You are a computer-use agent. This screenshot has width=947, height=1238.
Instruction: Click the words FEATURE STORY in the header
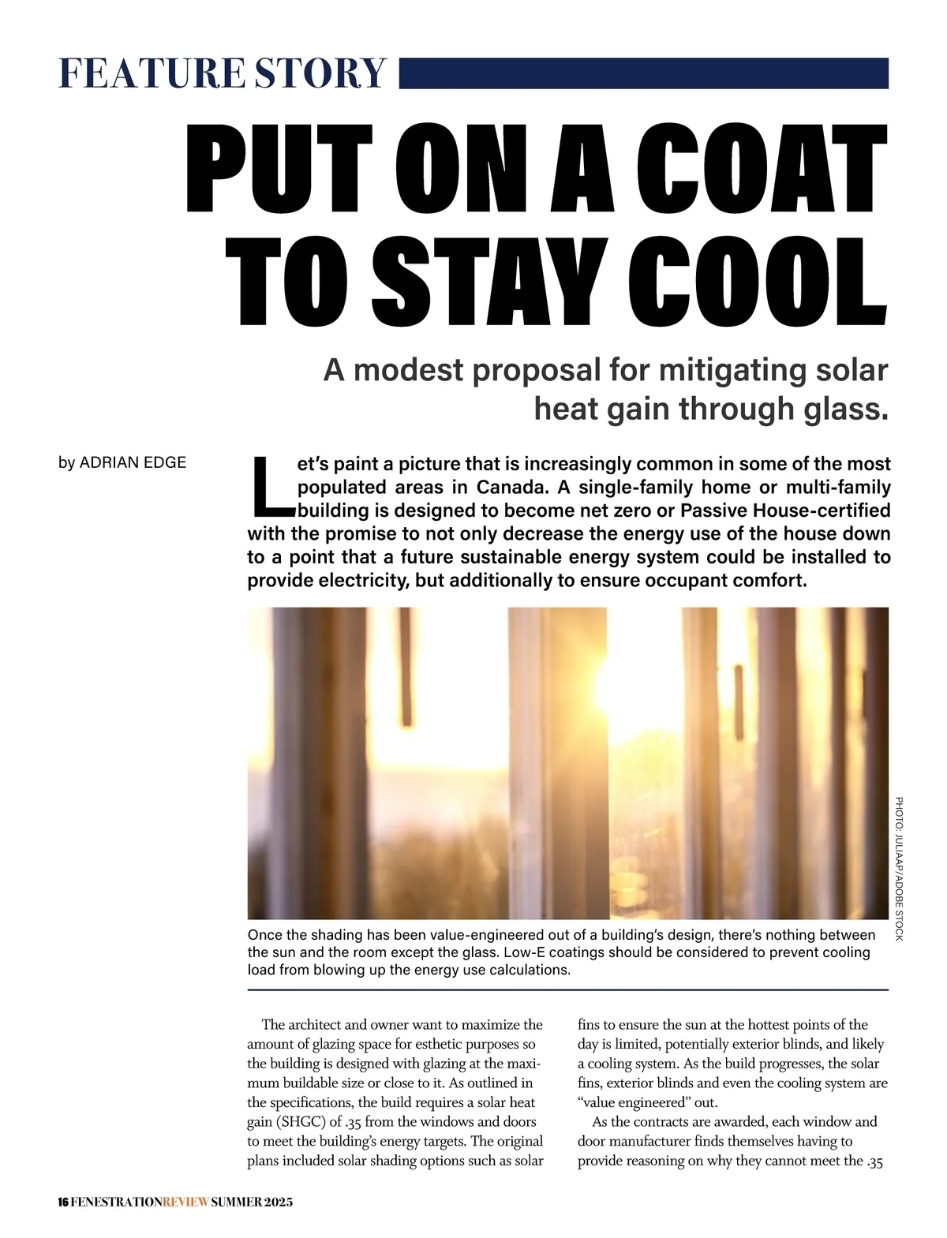222,73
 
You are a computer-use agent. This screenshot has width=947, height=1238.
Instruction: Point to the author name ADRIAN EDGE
133,462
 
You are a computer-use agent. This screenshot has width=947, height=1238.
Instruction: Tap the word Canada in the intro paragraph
512,487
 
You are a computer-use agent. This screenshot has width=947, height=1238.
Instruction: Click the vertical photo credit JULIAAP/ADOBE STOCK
899,868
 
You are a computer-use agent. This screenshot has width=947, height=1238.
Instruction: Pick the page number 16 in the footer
63,1202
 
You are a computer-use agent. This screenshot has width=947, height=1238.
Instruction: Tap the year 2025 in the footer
279,1202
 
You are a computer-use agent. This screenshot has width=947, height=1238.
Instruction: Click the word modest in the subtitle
409,370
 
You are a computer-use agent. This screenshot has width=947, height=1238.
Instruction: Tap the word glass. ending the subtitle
845,409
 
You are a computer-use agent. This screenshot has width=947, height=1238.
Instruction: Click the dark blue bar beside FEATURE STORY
643,73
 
